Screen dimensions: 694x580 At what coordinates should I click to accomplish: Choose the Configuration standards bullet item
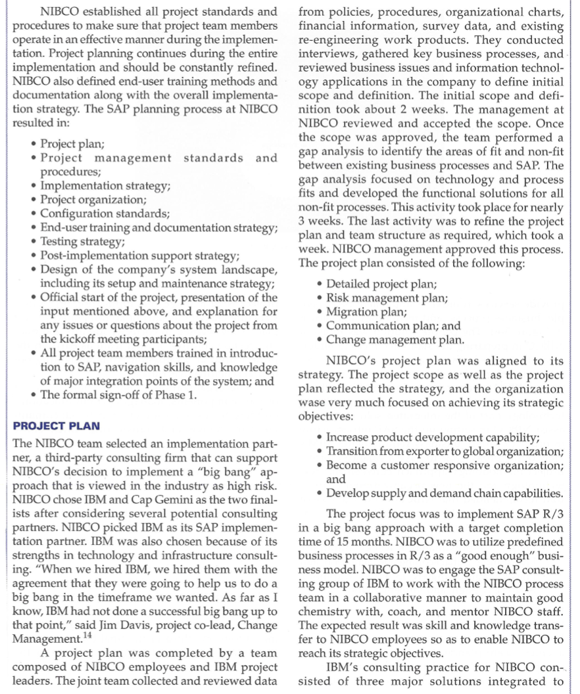pos(105,214)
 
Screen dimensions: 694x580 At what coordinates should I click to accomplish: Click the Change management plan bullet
pos(395,340)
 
